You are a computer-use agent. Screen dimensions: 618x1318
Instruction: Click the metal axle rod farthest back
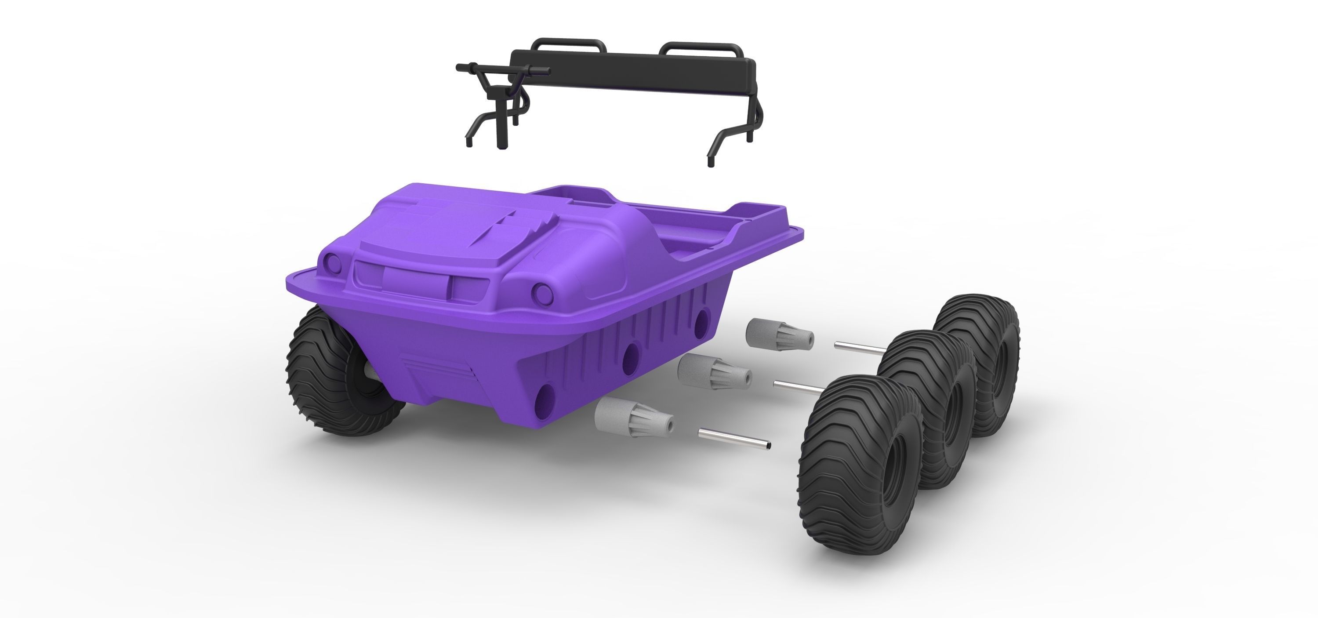point(860,348)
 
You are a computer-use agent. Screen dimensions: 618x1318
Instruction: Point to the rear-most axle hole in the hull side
point(702,318)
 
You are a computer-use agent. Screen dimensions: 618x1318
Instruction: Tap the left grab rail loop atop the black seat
point(565,43)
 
